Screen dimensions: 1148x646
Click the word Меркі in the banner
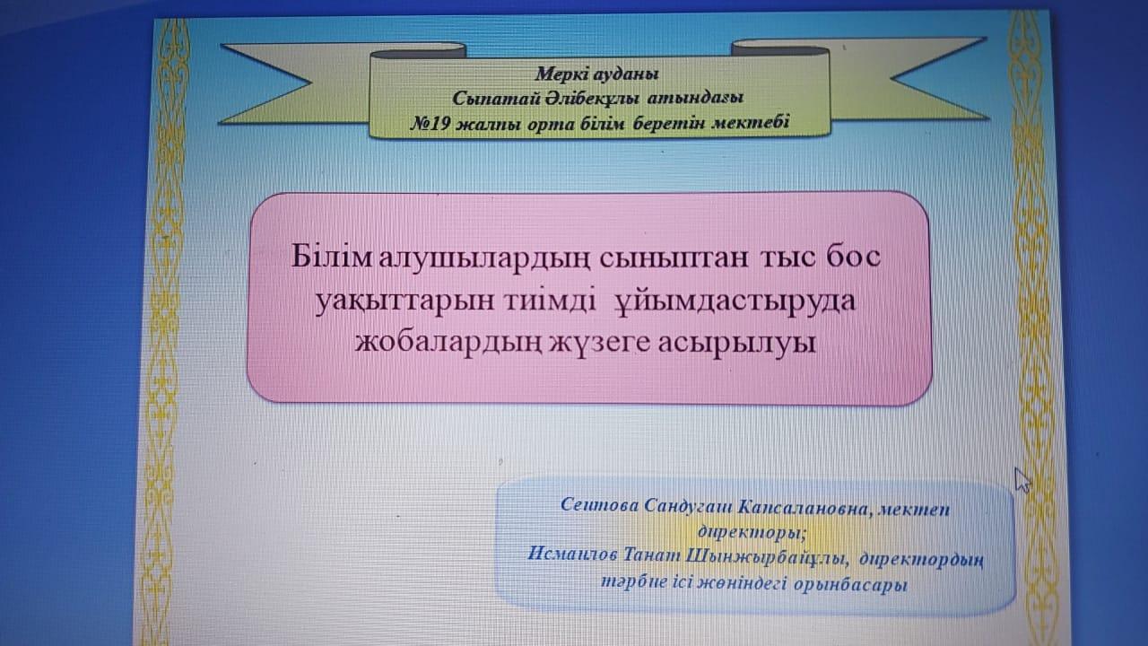(x=561, y=74)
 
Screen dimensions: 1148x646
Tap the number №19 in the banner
(x=430, y=124)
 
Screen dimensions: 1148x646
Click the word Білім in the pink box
(x=331, y=257)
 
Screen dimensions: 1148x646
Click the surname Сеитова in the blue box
(x=599, y=505)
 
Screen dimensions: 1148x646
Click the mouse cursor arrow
(x=1022, y=480)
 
